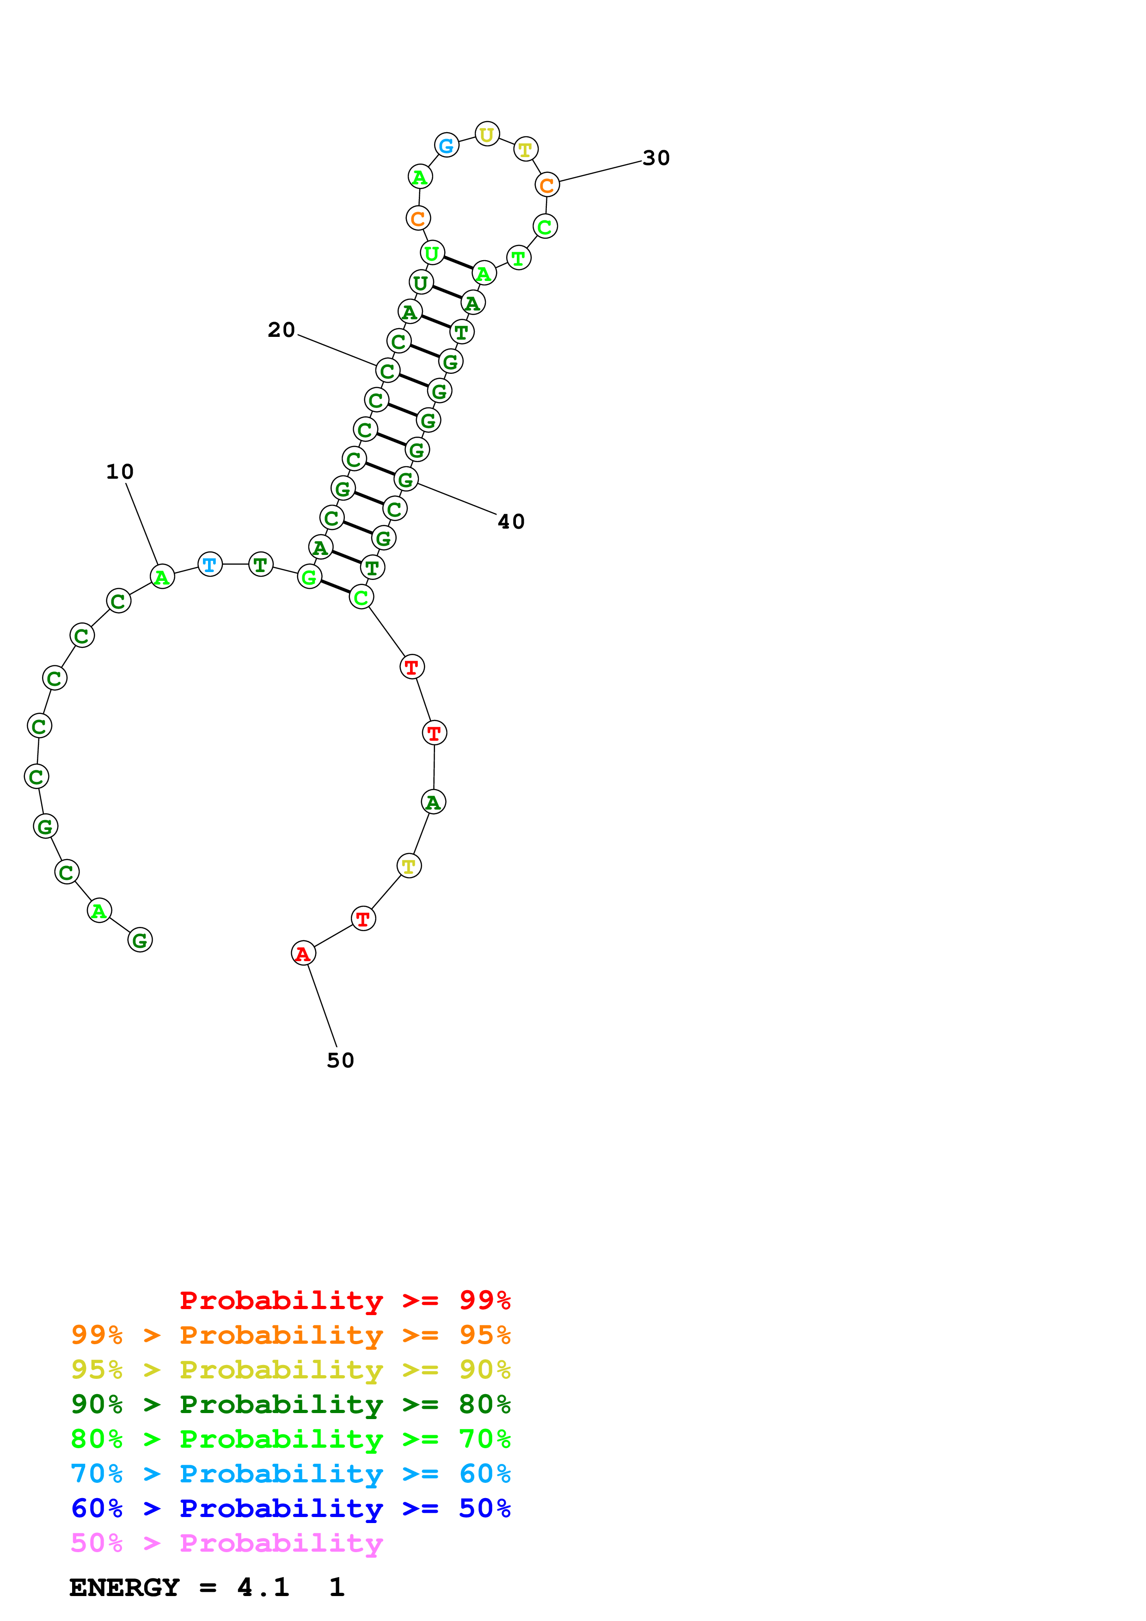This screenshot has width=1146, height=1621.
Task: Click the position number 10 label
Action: click(x=120, y=472)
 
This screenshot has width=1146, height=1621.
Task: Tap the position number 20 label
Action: click(x=281, y=330)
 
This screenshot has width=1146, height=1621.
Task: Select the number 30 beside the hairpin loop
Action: click(x=656, y=158)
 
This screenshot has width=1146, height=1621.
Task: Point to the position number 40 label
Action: click(x=511, y=522)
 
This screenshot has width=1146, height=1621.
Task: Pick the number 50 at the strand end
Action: click(x=340, y=1060)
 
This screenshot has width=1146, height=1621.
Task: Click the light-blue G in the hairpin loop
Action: click(x=446, y=146)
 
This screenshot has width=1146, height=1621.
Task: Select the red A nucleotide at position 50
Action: click(x=303, y=953)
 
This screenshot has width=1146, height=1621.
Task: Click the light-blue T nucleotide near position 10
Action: click(x=210, y=564)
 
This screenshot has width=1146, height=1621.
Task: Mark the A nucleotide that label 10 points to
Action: click(x=162, y=577)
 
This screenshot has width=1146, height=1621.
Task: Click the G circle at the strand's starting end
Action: click(x=140, y=940)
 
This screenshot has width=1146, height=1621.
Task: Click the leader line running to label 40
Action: click(x=458, y=499)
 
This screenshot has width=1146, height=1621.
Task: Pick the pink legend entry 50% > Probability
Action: click(x=227, y=1542)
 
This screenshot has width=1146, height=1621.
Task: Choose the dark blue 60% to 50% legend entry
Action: click(x=290, y=1508)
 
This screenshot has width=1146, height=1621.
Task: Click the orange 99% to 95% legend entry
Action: click(x=290, y=1335)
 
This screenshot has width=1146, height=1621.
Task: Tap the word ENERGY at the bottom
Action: click(x=124, y=1587)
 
